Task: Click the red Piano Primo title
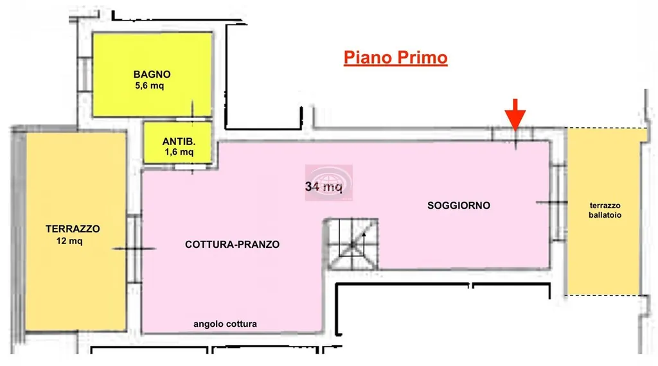pyautogui.click(x=395, y=57)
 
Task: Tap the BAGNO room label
pyautogui.click(x=152, y=74)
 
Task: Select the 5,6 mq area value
pyautogui.click(x=149, y=86)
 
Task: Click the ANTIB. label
pyautogui.click(x=179, y=142)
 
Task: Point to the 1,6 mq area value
pyautogui.click(x=179, y=152)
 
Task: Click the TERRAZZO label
pyautogui.click(x=73, y=229)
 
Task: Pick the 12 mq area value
pyautogui.click(x=69, y=241)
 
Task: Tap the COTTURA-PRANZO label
pyautogui.click(x=232, y=245)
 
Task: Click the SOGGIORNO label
pyautogui.click(x=459, y=205)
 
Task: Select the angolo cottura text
pyautogui.click(x=225, y=324)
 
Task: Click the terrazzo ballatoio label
pyautogui.click(x=605, y=211)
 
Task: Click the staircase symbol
pyautogui.click(x=353, y=244)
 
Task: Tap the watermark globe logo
pyautogui.click(x=329, y=183)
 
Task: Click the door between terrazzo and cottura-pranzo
pyautogui.click(x=134, y=248)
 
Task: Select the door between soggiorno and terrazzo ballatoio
pyautogui.click(x=558, y=203)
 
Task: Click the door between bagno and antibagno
pyautogui.click(x=192, y=119)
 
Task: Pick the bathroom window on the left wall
pyautogui.click(x=85, y=74)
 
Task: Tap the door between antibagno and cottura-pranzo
pyautogui.click(x=191, y=168)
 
